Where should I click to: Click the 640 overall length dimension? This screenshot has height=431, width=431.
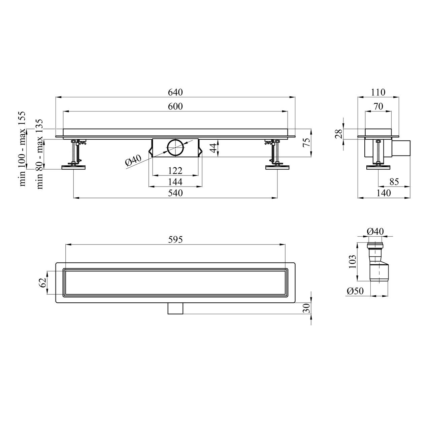click(175, 92)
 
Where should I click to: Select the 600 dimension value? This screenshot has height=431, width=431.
click(175, 106)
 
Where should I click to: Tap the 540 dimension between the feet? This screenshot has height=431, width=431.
click(175, 193)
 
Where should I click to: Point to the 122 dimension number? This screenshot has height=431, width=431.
click(175, 171)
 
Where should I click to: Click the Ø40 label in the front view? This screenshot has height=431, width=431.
click(133, 160)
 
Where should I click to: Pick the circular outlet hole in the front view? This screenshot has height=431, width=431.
click(175, 148)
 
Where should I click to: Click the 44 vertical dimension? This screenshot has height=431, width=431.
click(214, 148)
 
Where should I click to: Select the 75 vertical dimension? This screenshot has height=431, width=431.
click(307, 142)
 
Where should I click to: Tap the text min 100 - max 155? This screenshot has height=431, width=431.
click(23, 149)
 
